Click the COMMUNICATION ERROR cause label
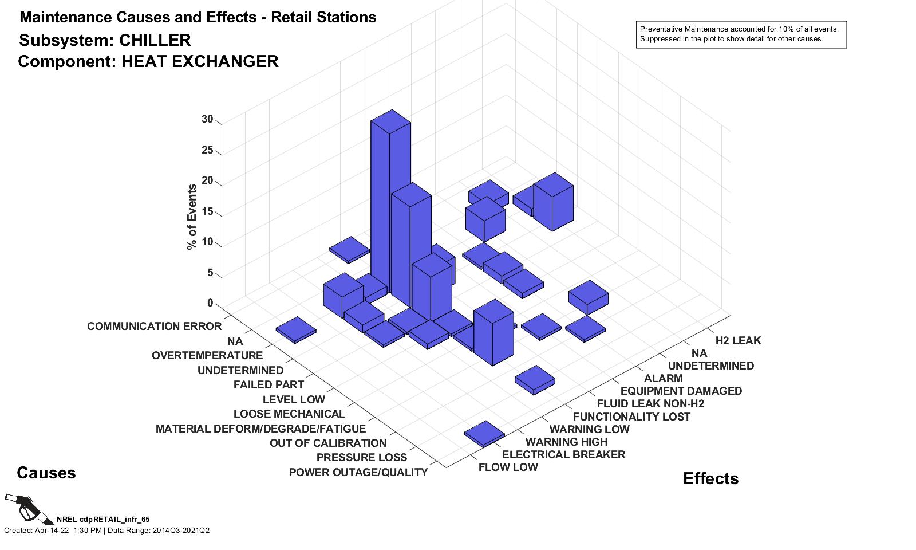point(154,327)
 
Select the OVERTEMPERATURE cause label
point(207,356)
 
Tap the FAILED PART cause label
point(269,384)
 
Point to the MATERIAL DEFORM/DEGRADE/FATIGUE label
point(260,429)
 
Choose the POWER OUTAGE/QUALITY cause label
point(358,473)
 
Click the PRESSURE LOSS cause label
point(361,458)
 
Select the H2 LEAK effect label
point(738,341)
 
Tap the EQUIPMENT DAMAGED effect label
point(681,391)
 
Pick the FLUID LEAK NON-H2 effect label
point(650,404)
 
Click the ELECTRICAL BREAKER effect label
point(563,455)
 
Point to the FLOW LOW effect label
point(508,467)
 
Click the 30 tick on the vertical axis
point(207,119)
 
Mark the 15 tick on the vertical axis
point(207,212)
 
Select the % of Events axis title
point(192,217)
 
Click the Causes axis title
point(46,473)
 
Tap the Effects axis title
point(710,479)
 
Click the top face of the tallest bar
point(391,121)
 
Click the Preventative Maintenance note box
point(741,34)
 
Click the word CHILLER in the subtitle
point(155,41)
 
